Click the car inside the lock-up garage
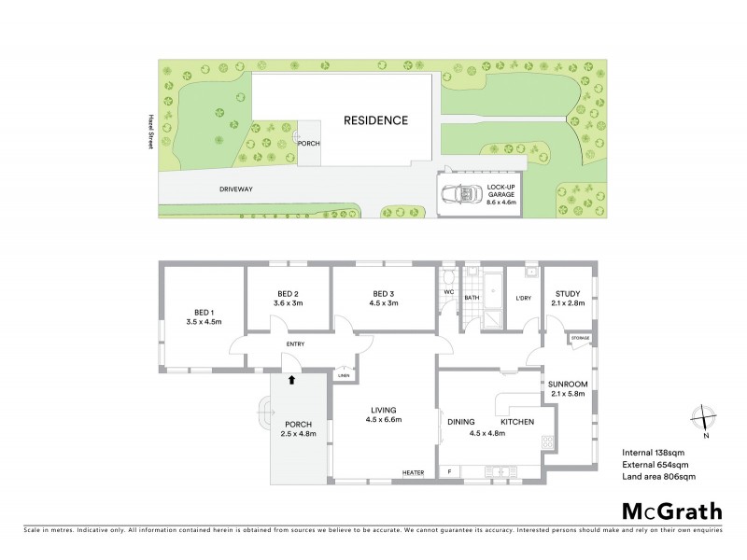tap(459, 195)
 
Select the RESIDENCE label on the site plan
tap(375, 120)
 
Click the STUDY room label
tap(568, 292)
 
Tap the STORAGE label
tap(580, 337)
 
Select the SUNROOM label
tap(567, 384)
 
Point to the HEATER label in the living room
tap(413, 473)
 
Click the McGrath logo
tap(671, 511)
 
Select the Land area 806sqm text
tap(659, 477)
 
